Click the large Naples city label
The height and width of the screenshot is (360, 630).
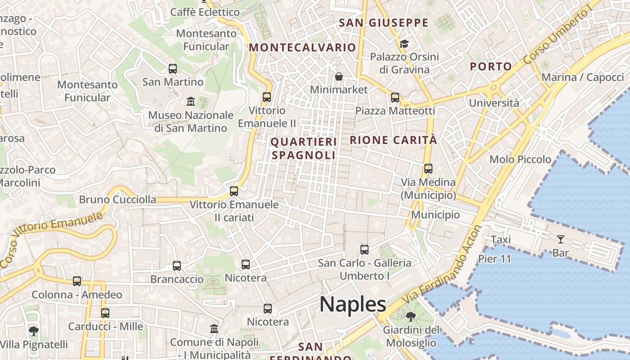point(353,305)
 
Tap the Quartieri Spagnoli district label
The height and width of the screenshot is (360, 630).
point(304,148)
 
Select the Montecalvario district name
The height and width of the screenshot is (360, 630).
point(302,47)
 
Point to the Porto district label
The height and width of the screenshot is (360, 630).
point(491,67)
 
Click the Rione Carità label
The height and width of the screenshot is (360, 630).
point(393,140)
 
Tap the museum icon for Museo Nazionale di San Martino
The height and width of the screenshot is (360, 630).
point(190,101)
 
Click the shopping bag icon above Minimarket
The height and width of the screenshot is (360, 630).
point(339,76)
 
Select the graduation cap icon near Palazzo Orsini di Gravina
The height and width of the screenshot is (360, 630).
point(404,44)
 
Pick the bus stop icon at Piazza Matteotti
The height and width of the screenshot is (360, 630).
point(395,97)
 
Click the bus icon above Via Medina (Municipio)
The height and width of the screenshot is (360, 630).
point(428,169)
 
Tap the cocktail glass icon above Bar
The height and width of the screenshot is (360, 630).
point(560,239)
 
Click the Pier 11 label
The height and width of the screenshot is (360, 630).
point(495,259)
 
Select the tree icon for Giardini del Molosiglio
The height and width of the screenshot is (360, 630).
point(411,317)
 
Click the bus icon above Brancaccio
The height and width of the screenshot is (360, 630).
point(177,266)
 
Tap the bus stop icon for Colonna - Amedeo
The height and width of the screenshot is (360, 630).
point(77,281)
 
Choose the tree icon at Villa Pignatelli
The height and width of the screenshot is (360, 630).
point(33,331)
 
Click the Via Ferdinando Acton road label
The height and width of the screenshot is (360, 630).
point(443,264)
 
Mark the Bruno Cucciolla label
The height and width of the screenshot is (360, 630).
point(117,199)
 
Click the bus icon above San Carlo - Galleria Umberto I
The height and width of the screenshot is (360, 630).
point(364,249)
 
